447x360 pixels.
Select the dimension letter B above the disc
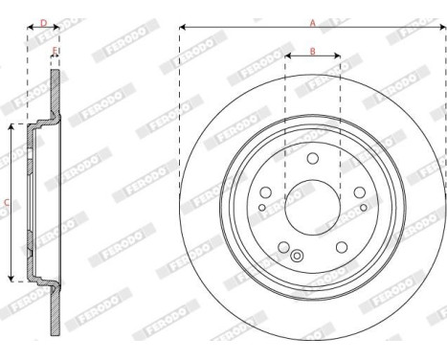[313, 50]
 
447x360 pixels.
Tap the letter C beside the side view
[8, 201]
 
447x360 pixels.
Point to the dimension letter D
[43, 19]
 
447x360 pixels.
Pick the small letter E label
[55, 50]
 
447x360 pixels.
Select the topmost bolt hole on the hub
[312, 159]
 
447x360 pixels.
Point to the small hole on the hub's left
[263, 207]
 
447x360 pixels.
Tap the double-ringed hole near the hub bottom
[297, 256]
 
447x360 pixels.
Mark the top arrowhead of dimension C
[11, 125]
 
